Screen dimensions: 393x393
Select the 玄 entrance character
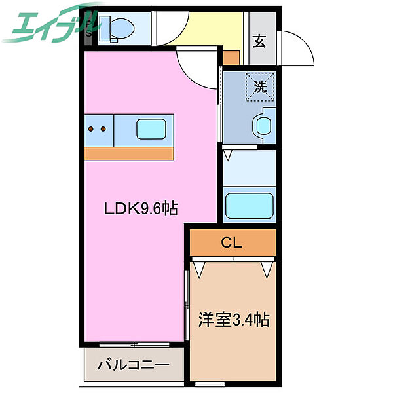259,42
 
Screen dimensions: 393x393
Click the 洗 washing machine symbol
259,86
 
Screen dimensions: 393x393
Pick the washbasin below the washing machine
263,125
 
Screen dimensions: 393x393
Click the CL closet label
232,243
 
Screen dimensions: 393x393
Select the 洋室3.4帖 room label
234,320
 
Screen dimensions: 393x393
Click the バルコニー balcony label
134,365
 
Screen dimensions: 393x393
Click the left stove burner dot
91,129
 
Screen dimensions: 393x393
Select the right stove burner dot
103,129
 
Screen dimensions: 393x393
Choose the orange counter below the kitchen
130,153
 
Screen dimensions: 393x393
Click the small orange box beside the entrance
231,58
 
